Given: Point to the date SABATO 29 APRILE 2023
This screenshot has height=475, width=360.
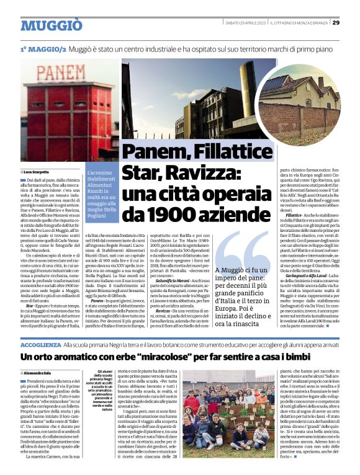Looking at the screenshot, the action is (x=246, y=23).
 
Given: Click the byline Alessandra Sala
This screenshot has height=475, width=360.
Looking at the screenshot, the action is (x=40, y=371).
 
